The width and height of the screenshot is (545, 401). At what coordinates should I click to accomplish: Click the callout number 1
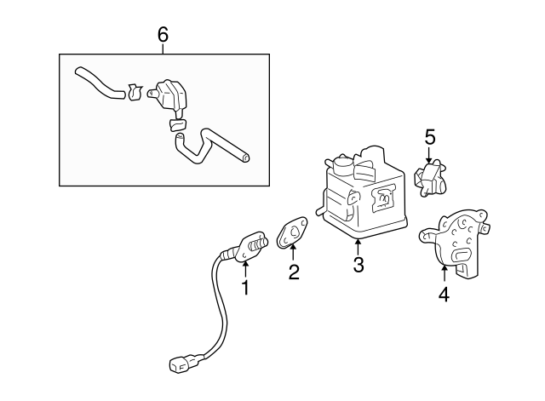(245, 288)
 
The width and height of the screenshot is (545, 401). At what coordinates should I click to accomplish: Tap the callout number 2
(294, 272)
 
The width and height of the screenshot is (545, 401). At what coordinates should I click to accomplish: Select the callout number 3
(358, 265)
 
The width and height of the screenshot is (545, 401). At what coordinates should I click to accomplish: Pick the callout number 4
(444, 295)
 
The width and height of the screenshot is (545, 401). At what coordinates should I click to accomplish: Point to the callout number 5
(430, 136)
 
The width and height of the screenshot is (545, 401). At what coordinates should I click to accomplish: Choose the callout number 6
(163, 34)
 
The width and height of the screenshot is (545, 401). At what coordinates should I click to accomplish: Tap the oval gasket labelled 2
(293, 232)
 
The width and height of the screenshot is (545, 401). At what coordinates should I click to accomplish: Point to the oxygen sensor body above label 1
(250, 246)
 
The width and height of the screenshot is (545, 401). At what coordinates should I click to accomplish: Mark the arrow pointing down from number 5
(430, 156)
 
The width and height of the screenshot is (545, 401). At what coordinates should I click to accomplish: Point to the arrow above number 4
(444, 273)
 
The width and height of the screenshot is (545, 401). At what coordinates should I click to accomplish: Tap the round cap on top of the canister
(342, 161)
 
